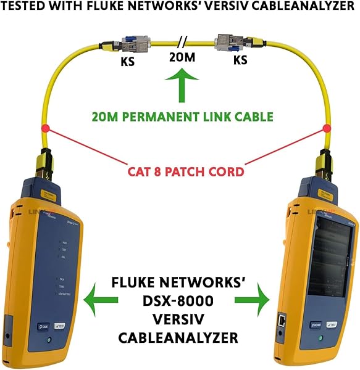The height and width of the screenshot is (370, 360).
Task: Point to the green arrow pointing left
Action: click(x=101, y=300)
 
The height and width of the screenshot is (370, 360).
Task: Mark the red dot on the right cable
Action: click(x=327, y=129)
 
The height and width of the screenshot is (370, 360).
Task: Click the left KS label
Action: click(x=127, y=62)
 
